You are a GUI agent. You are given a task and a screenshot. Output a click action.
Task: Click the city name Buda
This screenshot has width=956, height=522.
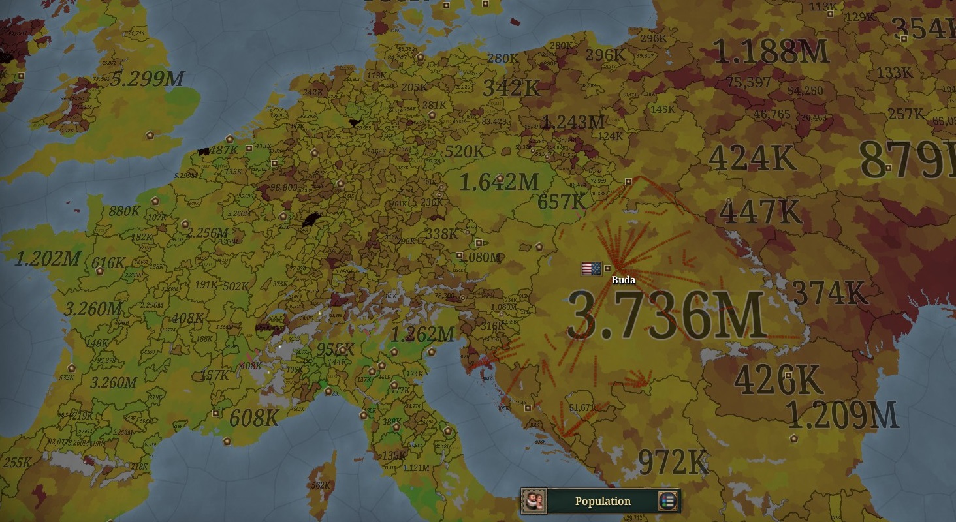pyautogui.click(x=623, y=280)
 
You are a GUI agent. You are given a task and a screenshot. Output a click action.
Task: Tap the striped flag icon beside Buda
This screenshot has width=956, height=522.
pyautogui.click(x=590, y=268)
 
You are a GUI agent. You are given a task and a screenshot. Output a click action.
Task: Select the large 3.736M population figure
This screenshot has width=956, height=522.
pyautogui.click(x=665, y=316)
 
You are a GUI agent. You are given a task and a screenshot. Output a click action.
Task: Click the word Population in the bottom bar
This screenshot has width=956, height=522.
pyautogui.click(x=603, y=501)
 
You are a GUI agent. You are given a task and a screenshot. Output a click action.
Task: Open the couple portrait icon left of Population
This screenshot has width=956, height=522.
pyautogui.click(x=534, y=501)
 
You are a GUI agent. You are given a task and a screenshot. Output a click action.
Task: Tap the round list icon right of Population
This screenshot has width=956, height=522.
pyautogui.click(x=667, y=501)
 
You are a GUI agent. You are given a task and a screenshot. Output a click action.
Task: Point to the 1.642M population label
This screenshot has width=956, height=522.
pyautogui.click(x=499, y=181)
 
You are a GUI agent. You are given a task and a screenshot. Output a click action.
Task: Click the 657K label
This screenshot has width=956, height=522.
pyautogui.click(x=562, y=202)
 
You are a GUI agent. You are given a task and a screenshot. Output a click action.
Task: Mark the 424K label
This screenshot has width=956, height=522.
pyautogui.click(x=752, y=157)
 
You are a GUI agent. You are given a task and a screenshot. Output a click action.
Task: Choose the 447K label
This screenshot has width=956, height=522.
pyautogui.click(x=759, y=211)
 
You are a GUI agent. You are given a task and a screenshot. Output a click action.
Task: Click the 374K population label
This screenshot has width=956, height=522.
pyautogui.click(x=829, y=293)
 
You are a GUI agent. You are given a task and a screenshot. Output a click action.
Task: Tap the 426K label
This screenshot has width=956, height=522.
pyautogui.click(x=777, y=379)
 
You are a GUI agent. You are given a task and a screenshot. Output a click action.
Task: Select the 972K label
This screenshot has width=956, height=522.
pyautogui.click(x=673, y=462)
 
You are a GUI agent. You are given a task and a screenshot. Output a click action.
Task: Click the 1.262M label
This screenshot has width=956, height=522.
pyautogui.click(x=421, y=335)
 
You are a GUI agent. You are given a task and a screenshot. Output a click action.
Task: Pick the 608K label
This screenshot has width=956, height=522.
pyautogui.click(x=254, y=418)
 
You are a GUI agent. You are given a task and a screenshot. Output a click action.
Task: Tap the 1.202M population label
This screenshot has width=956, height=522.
pyautogui.click(x=47, y=258)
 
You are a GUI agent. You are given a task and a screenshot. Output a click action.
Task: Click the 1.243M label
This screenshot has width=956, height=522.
pyautogui.click(x=573, y=122)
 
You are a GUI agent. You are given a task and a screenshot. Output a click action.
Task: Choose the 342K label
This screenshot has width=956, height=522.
pyautogui.click(x=511, y=87)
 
